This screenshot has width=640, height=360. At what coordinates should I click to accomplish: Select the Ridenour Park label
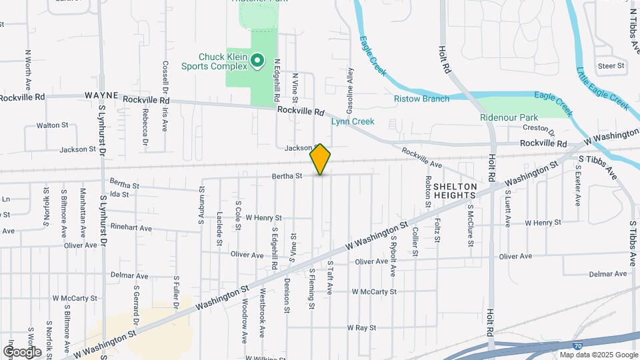(509, 117)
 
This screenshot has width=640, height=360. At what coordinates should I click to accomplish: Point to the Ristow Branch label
(421, 99)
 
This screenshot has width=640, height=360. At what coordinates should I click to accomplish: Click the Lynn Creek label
(353, 121)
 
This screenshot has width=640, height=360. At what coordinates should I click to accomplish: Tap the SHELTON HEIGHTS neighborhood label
(455, 191)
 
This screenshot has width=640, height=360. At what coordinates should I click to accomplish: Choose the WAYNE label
(101, 96)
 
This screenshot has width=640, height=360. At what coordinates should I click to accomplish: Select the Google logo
(22, 351)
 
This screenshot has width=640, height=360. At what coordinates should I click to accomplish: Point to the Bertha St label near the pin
(287, 176)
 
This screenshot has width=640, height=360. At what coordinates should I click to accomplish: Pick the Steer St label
(611, 65)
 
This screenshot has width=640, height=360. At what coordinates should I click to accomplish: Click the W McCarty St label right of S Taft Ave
(374, 291)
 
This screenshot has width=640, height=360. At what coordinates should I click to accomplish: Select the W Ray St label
(361, 328)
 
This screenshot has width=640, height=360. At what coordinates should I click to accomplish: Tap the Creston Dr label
(535, 127)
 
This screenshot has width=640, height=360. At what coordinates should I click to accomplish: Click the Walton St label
(53, 125)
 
